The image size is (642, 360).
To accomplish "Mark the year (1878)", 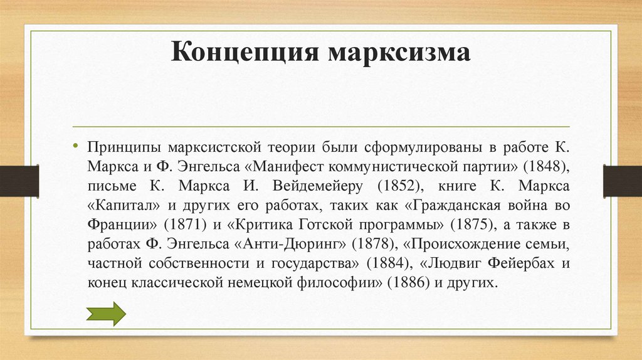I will [x=374, y=243].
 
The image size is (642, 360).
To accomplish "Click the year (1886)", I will [x=407, y=282].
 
